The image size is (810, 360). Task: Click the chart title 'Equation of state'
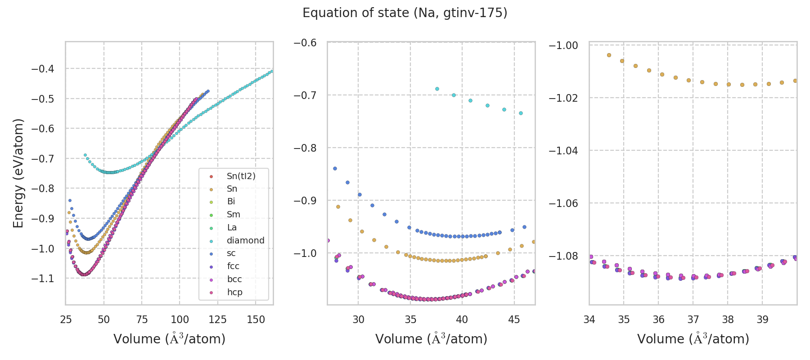tap(405, 13)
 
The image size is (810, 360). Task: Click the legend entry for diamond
tap(245, 240)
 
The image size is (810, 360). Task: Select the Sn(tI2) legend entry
tap(241, 176)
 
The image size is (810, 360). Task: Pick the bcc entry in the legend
tap(234, 279)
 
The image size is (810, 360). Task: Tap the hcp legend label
tap(234, 292)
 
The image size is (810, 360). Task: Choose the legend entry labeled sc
tap(231, 253)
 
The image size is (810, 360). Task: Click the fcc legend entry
tap(233, 266)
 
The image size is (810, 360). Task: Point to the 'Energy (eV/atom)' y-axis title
tap(18, 173)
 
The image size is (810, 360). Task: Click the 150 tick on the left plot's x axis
tap(256, 319)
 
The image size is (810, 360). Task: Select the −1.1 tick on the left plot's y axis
tap(43, 279)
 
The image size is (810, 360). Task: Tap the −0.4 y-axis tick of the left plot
tap(43, 69)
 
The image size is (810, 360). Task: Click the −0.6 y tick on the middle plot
tap(305, 42)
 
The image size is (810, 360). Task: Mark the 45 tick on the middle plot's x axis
tap(514, 319)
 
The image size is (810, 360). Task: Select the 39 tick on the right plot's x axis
tap(762, 319)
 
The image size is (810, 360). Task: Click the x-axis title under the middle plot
tap(431, 339)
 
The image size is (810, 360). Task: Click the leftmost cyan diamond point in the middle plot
tap(437, 89)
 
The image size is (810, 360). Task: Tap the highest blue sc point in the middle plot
tap(335, 168)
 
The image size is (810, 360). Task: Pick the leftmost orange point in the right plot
tap(609, 55)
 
